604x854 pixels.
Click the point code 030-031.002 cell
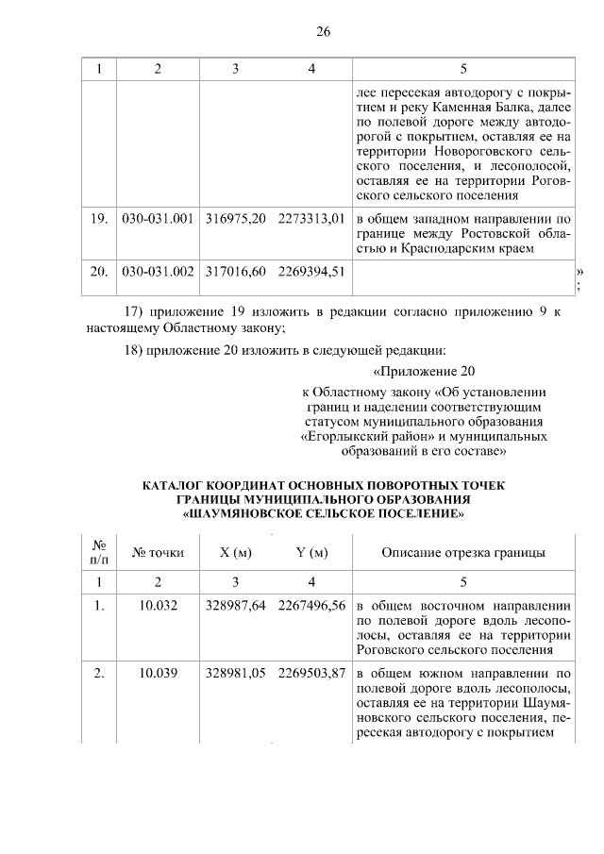pos(158,272)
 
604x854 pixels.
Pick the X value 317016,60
pos(236,272)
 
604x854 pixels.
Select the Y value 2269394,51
pos(310,272)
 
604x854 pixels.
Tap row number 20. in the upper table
pos(97,272)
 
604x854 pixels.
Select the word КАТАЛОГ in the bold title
pos(177,486)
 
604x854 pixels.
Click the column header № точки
pos(158,553)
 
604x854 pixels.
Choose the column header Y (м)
pos(310,553)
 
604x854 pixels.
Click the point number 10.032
pos(158,606)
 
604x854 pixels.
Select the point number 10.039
pos(158,672)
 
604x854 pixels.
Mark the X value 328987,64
pos(236,606)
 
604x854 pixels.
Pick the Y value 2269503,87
pos(310,672)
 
